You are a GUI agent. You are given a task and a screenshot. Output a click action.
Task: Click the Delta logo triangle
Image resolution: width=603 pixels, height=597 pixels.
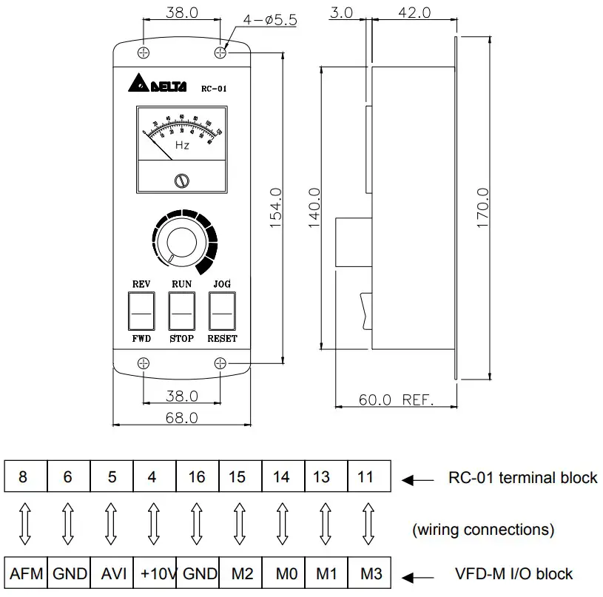coord(138,83)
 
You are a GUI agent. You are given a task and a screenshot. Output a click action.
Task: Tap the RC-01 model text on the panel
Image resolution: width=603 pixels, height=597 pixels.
coord(214,88)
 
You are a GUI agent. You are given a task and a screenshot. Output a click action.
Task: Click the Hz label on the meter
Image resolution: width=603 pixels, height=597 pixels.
coord(182,145)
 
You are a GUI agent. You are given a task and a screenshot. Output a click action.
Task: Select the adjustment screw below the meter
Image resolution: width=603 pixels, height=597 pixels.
coord(181,181)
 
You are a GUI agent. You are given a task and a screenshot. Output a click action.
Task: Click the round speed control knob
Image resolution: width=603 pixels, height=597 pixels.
coord(181,243)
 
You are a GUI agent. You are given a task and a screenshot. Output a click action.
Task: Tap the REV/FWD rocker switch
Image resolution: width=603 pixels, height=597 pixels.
coord(141,311)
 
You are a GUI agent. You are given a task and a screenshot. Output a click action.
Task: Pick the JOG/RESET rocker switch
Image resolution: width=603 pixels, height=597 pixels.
coord(222,311)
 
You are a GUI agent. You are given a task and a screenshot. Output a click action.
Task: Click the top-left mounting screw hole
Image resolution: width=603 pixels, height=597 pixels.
coord(144,52)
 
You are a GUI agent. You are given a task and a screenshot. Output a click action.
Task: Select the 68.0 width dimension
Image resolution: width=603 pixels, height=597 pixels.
coord(181,418)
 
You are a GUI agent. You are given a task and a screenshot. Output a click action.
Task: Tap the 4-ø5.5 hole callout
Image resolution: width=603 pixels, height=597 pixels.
coord(270,20)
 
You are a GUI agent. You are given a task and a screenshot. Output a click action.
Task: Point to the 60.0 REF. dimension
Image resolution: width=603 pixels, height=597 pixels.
coord(396,399)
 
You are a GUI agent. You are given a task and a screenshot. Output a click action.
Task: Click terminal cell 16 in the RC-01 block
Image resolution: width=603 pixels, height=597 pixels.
coord(197,477)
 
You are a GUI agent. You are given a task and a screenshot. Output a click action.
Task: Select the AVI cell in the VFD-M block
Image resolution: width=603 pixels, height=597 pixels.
coord(112,573)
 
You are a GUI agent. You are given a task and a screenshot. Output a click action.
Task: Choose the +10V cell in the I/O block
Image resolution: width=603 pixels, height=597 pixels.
coord(154,573)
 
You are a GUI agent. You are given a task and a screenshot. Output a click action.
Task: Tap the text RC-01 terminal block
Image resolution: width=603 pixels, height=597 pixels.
coord(522,477)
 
